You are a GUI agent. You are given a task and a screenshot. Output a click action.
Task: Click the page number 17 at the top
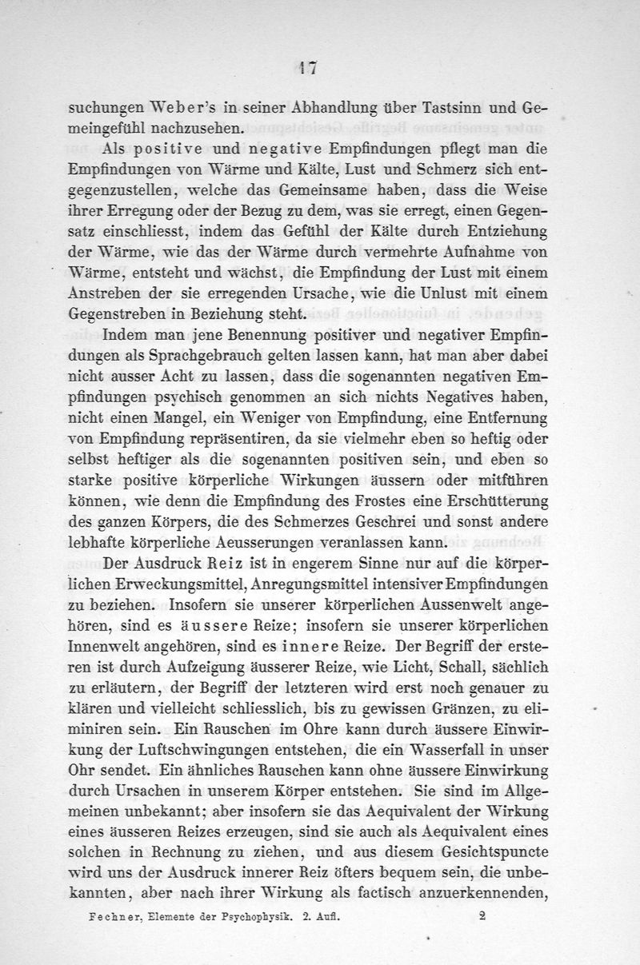pyautogui.click(x=304, y=69)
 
